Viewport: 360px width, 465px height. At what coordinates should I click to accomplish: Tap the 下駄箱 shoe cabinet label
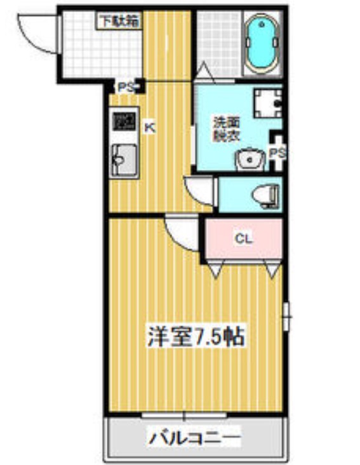click(x=118, y=20)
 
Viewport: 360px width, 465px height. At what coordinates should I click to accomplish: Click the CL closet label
click(x=243, y=239)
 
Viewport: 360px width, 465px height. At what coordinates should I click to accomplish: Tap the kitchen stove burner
click(x=124, y=121)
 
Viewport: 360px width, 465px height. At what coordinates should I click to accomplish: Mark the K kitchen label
click(x=150, y=126)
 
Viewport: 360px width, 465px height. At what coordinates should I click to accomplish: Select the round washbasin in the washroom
click(x=250, y=158)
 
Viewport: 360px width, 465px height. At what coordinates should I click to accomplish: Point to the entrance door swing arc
click(x=36, y=29)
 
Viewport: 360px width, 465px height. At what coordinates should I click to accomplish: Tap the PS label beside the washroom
click(x=277, y=152)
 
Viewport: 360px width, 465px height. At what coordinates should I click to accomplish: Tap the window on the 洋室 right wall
click(x=286, y=315)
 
